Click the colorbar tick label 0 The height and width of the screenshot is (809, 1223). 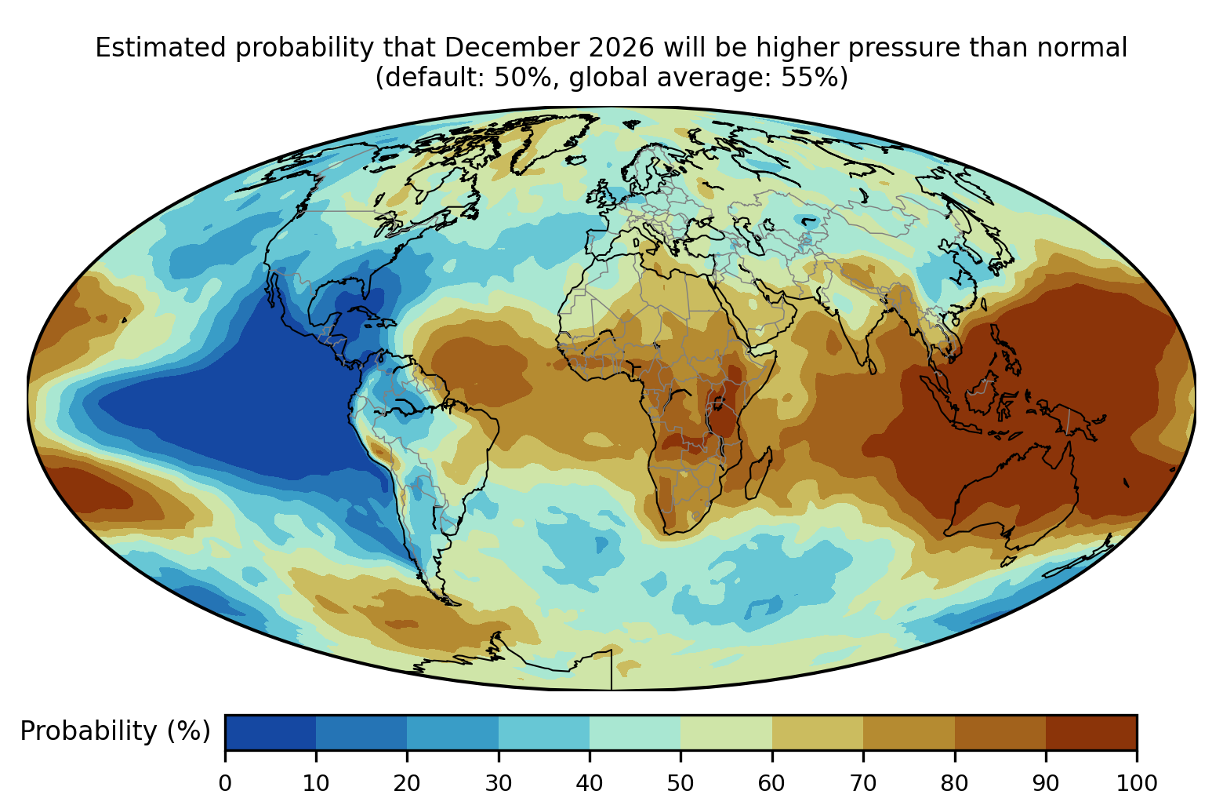pos(225,784)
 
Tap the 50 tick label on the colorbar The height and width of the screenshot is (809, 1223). pos(680,784)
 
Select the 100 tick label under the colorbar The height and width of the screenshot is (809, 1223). pos(1137,784)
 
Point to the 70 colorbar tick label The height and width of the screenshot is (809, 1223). pos(863,784)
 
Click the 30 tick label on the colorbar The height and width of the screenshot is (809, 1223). pos(499,784)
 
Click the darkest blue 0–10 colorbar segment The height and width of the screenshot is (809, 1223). pos(270,732)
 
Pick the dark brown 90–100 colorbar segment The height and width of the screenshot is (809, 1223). pos(1091,732)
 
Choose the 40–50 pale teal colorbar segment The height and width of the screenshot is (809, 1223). pos(635,732)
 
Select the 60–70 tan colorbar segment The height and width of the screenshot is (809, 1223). pos(818,732)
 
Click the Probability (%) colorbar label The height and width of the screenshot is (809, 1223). pos(115,731)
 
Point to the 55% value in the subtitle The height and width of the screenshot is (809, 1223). pos(814,77)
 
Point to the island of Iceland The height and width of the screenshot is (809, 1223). pos(576,160)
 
